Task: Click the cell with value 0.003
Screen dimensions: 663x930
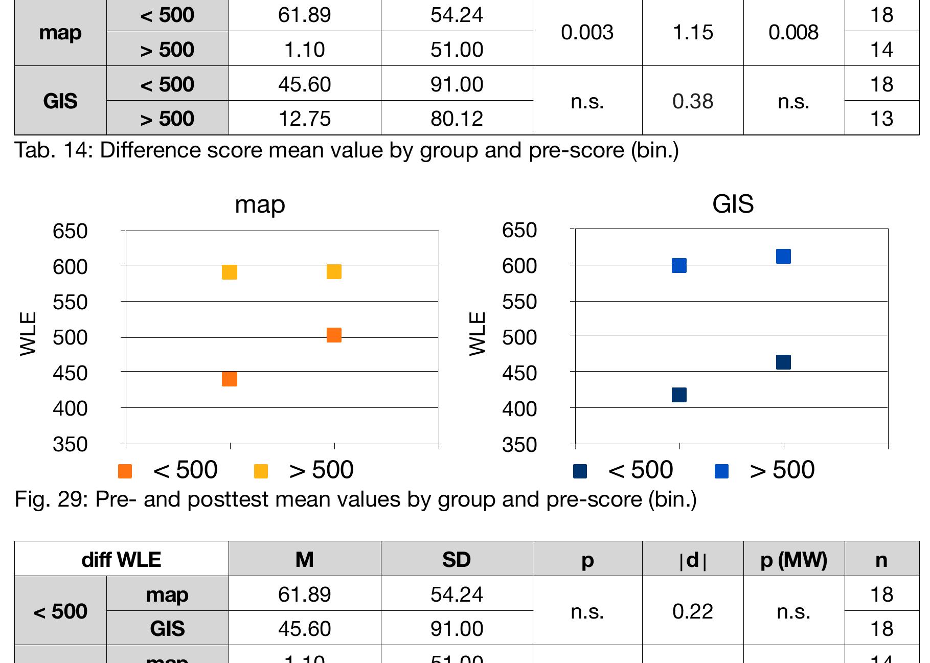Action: tap(587, 32)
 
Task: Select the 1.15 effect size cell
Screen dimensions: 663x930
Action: tap(693, 32)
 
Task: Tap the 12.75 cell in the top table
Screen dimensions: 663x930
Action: tap(304, 119)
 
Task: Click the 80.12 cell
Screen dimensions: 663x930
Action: tap(457, 119)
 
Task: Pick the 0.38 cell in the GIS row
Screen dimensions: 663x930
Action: tap(693, 101)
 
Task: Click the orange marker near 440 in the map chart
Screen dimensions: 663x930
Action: tap(230, 379)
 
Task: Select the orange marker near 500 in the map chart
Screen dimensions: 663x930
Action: tap(334, 335)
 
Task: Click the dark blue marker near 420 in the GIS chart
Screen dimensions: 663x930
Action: tap(679, 395)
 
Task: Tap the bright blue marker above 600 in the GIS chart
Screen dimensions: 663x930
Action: tap(783, 256)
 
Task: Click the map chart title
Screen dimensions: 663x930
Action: tap(260, 204)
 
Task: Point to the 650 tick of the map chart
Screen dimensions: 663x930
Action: tap(70, 232)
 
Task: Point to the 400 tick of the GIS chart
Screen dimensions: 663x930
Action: tap(519, 409)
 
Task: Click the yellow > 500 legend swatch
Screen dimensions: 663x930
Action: tap(261, 471)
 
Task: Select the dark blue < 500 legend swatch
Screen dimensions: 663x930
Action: tap(580, 471)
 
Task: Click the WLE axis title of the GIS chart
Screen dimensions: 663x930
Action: tap(477, 334)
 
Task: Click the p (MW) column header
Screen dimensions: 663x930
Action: tap(793, 560)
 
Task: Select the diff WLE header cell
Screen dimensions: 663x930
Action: tap(121, 560)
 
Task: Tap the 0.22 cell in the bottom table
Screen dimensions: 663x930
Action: tap(693, 611)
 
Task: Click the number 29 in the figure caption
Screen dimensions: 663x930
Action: tap(70, 499)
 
